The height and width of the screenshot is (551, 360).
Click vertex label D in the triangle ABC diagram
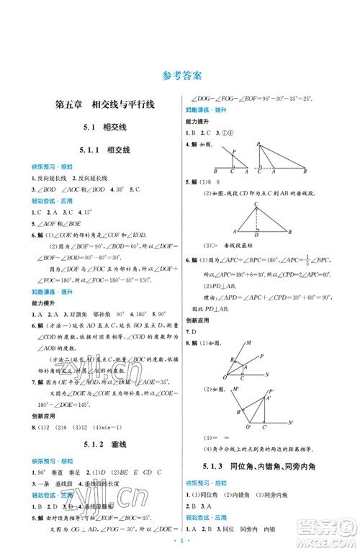tap(259, 236)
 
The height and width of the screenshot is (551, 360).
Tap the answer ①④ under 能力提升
tap(229, 133)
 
